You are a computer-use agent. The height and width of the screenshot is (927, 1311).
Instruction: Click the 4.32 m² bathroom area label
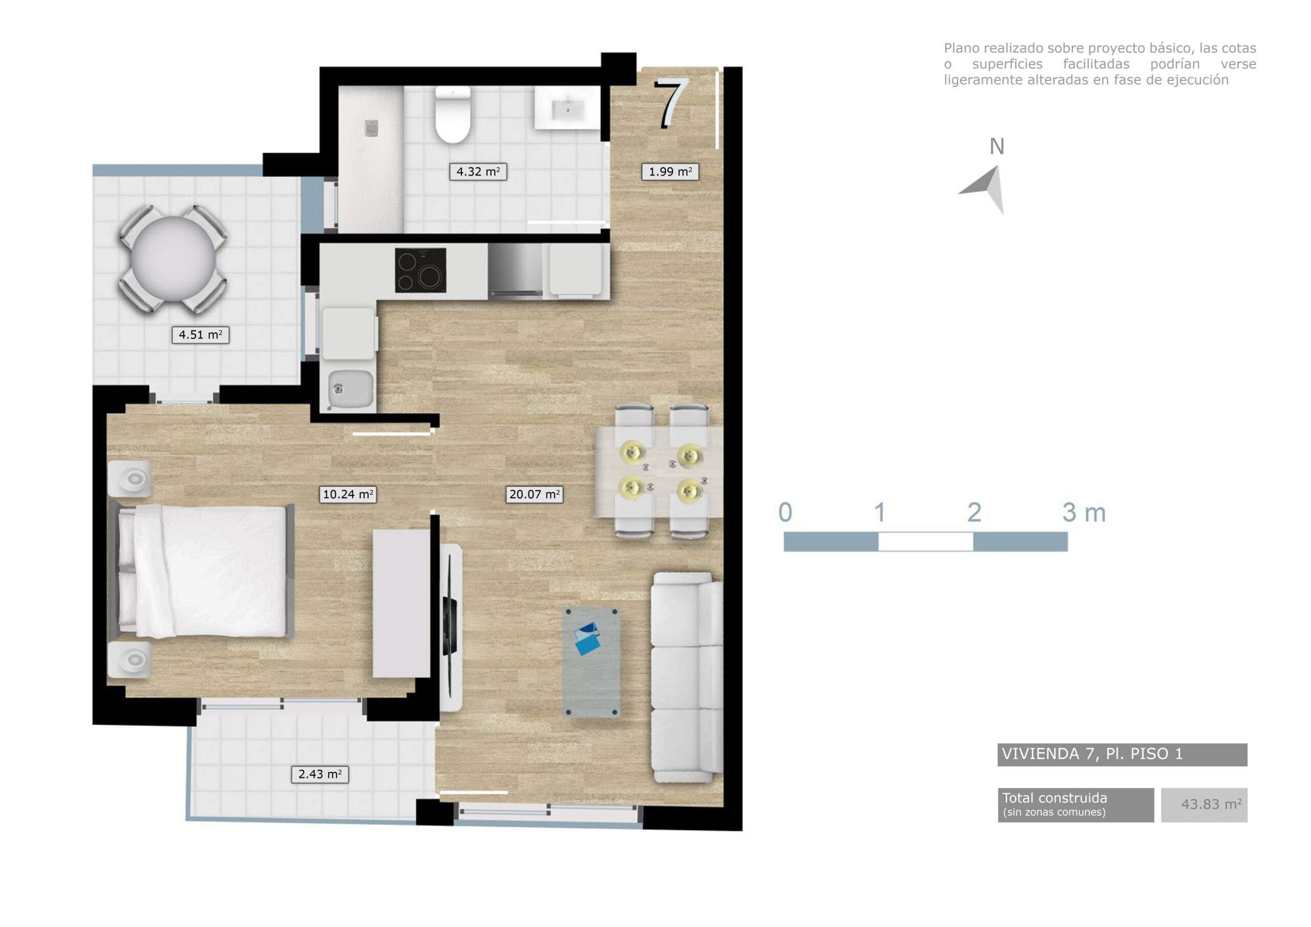tap(478, 172)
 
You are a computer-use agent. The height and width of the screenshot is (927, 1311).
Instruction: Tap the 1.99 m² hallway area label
tap(670, 172)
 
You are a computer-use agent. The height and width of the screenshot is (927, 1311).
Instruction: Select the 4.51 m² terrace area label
tap(200, 335)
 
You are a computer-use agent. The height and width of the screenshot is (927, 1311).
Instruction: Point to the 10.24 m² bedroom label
tap(348, 494)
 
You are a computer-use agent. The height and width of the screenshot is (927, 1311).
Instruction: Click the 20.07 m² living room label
tap(534, 494)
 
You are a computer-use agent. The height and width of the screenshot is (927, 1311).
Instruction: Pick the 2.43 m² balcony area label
tap(320, 774)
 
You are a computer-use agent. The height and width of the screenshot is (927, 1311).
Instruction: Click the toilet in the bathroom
tap(453, 114)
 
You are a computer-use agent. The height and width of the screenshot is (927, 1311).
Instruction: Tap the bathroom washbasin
tap(567, 108)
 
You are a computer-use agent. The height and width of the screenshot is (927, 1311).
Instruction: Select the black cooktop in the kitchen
tap(420, 270)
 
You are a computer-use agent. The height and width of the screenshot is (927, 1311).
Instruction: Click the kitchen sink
tap(348, 388)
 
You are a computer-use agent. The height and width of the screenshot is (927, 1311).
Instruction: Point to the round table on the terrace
tap(173, 259)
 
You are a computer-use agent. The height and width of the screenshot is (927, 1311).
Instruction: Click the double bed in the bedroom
tap(205, 571)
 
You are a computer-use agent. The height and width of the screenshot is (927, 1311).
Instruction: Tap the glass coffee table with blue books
tap(591, 661)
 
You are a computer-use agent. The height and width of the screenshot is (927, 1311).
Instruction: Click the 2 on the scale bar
tap(974, 512)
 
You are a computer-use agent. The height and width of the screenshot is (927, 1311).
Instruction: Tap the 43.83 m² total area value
tap(1211, 804)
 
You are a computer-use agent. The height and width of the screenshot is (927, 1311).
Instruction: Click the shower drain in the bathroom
tap(372, 129)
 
